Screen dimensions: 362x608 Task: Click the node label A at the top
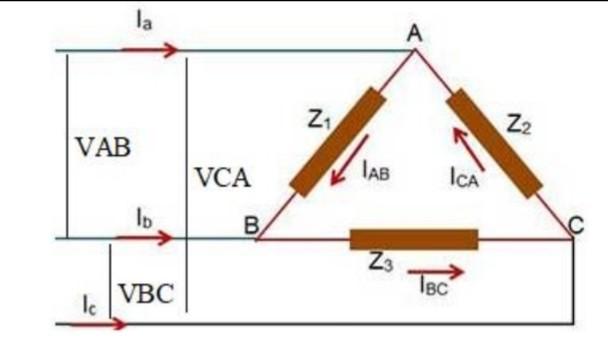click(x=414, y=35)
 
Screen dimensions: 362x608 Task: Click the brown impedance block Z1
click(x=337, y=142)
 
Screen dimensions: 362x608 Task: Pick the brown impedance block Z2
click(x=493, y=141)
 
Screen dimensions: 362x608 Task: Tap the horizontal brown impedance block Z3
click(x=413, y=240)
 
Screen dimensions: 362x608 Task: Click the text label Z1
click(x=318, y=121)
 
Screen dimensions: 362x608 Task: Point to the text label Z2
click(x=518, y=125)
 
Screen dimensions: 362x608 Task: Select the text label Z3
click(x=379, y=264)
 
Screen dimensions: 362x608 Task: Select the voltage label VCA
click(x=222, y=179)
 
